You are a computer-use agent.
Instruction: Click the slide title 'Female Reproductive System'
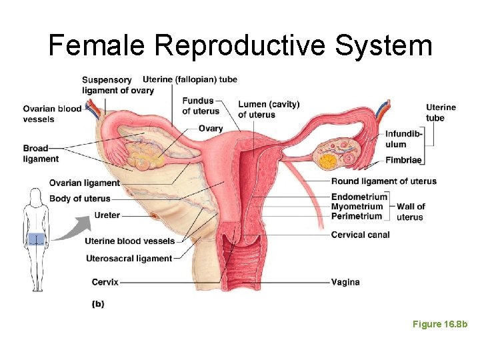click(240, 45)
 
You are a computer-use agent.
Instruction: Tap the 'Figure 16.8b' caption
click(440, 324)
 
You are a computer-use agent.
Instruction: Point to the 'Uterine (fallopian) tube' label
click(190, 79)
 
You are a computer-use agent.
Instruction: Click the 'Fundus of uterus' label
click(198, 106)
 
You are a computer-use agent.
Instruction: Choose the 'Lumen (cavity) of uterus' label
click(269, 109)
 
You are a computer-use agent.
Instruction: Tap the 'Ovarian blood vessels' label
click(52, 114)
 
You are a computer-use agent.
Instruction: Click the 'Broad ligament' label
click(41, 153)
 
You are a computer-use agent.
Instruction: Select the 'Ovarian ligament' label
click(85, 183)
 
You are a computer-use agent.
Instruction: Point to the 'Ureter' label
click(107, 215)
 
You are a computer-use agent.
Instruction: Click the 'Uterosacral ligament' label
click(129, 258)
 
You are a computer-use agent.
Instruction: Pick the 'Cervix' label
click(105, 282)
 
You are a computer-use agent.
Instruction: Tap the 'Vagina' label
click(345, 282)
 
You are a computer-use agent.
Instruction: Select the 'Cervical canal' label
click(361, 235)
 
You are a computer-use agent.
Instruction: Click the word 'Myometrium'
click(357, 207)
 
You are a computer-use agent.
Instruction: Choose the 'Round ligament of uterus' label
click(384, 181)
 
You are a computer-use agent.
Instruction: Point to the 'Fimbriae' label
click(404, 161)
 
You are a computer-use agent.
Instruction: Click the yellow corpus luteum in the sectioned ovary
click(328, 161)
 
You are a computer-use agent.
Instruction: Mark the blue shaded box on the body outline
click(35, 239)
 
